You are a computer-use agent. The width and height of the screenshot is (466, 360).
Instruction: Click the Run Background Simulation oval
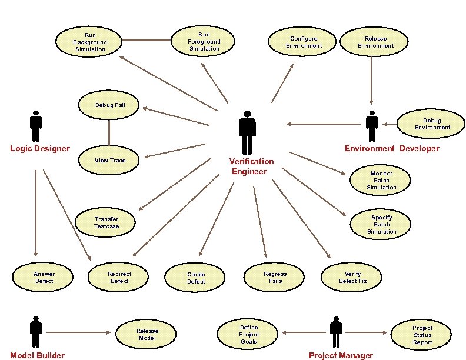pyautogui.click(x=90, y=42)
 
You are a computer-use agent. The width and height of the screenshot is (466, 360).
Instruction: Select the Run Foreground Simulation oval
pyautogui.click(x=204, y=42)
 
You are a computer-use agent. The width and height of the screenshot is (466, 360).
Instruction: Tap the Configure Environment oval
pyautogui.click(x=304, y=42)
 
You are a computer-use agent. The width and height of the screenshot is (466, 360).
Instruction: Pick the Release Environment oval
pyautogui.click(x=375, y=42)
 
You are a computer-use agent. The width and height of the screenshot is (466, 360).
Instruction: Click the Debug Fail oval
pyautogui.click(x=110, y=105)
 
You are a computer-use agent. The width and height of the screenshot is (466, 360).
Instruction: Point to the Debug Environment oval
pyautogui.click(x=432, y=124)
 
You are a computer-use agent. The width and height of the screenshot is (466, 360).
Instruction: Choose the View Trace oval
pyautogui.click(x=110, y=160)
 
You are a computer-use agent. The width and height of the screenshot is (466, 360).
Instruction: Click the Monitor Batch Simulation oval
pyautogui.click(x=381, y=181)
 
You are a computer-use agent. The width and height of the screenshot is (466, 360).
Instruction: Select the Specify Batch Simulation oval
pyautogui.click(x=381, y=224)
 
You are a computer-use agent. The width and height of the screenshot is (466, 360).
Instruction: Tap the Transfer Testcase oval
pyautogui.click(x=106, y=223)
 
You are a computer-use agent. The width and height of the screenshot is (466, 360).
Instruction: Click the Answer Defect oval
pyautogui.click(x=44, y=277)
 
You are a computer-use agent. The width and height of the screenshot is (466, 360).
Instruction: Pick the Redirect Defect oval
pyautogui.click(x=119, y=277)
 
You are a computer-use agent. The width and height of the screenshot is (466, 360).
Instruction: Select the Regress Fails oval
pyautogui.click(x=275, y=277)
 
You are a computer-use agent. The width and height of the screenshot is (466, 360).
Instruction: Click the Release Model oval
pyautogui.click(x=147, y=334)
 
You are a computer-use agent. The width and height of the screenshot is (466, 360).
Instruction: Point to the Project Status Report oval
pyautogui.click(x=422, y=335)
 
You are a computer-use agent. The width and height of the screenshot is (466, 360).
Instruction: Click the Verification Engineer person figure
pyautogui.click(x=248, y=132)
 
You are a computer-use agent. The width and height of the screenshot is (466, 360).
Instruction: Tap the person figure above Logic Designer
pyautogui.click(x=36, y=126)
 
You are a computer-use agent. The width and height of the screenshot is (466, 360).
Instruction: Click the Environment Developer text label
pyautogui.click(x=392, y=148)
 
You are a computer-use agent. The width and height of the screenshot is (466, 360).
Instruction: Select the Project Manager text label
pyautogui.click(x=341, y=355)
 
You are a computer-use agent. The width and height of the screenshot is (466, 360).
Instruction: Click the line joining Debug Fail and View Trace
pyautogui.click(x=109, y=132)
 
